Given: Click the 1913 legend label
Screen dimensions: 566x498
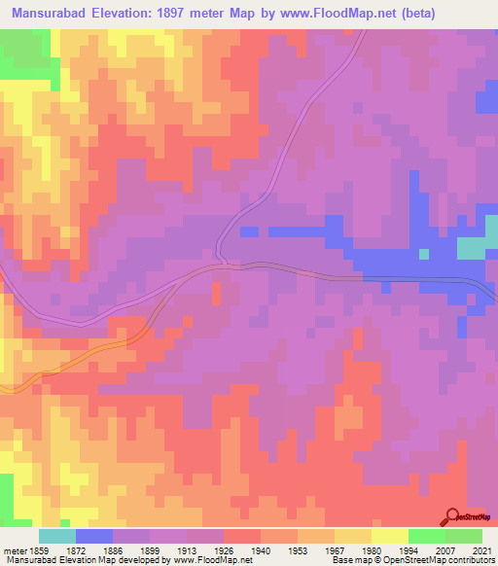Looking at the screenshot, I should click(187, 549).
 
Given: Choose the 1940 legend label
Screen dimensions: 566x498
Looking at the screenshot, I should click(262, 549).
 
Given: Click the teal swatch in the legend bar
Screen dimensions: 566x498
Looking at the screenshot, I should click(57, 536).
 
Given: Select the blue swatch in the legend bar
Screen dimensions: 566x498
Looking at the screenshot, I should click(94, 536).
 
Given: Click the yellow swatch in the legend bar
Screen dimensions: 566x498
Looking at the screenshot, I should click(390, 536).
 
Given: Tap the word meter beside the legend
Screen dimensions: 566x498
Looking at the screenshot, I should click(15, 549).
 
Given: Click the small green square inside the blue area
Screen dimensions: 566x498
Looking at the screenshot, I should click(424, 254).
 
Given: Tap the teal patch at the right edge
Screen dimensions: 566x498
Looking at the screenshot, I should click(473, 248).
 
